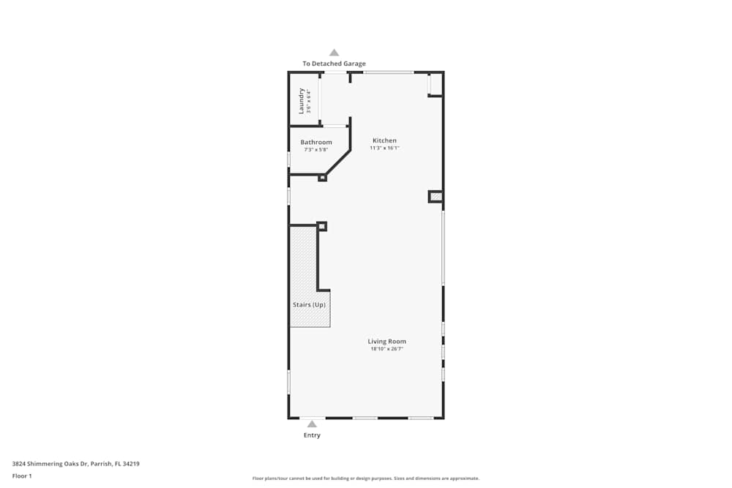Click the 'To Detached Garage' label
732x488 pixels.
tap(334, 64)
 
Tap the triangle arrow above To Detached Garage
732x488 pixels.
tap(334, 53)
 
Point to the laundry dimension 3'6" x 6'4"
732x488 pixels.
tap(309, 102)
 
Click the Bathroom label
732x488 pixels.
tap(316, 142)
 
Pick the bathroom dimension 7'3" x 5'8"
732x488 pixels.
tap(316, 149)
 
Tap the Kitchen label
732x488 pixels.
tap(384, 140)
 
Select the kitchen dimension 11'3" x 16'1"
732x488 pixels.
tap(384, 148)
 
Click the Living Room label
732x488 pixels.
tap(386, 342)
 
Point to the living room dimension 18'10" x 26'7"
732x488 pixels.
tap(386, 349)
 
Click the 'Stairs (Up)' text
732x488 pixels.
tap(309, 304)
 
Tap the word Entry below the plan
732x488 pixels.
tap(312, 435)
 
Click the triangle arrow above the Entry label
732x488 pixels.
tap(312, 424)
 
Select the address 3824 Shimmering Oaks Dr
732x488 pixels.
tap(76, 463)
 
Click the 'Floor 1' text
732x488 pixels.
tap(22, 476)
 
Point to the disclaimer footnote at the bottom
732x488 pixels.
tap(366, 478)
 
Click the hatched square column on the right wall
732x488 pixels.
tap(436, 196)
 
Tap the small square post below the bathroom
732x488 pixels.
tap(322, 177)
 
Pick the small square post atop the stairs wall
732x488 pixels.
tap(321, 226)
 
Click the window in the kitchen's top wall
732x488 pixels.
tap(389, 72)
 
